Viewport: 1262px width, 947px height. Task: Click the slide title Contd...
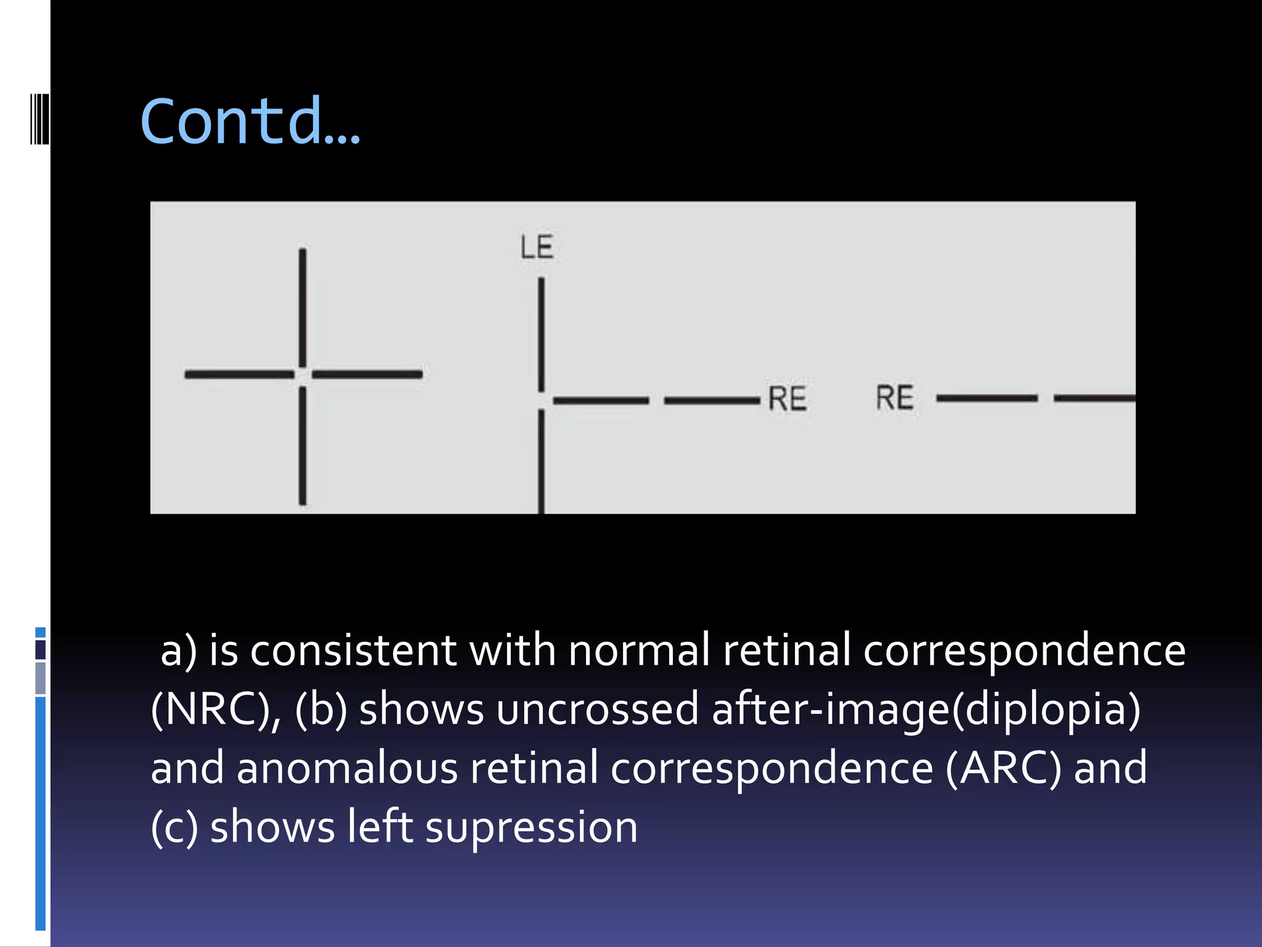(x=250, y=121)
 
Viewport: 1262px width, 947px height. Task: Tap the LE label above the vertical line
(x=537, y=247)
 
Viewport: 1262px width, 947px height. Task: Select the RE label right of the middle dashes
(x=787, y=398)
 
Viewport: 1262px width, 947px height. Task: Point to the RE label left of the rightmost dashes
(x=895, y=398)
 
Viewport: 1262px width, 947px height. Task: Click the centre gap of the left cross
(x=302, y=374)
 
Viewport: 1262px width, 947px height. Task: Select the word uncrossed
(x=597, y=709)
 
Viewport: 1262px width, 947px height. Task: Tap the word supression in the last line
(x=531, y=827)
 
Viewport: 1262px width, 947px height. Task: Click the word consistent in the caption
(x=353, y=650)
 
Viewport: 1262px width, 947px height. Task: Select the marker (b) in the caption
(x=321, y=709)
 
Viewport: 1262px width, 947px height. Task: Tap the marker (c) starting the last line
(x=174, y=827)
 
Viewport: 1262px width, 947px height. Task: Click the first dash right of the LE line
(x=601, y=401)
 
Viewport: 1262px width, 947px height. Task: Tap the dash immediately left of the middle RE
(x=712, y=401)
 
